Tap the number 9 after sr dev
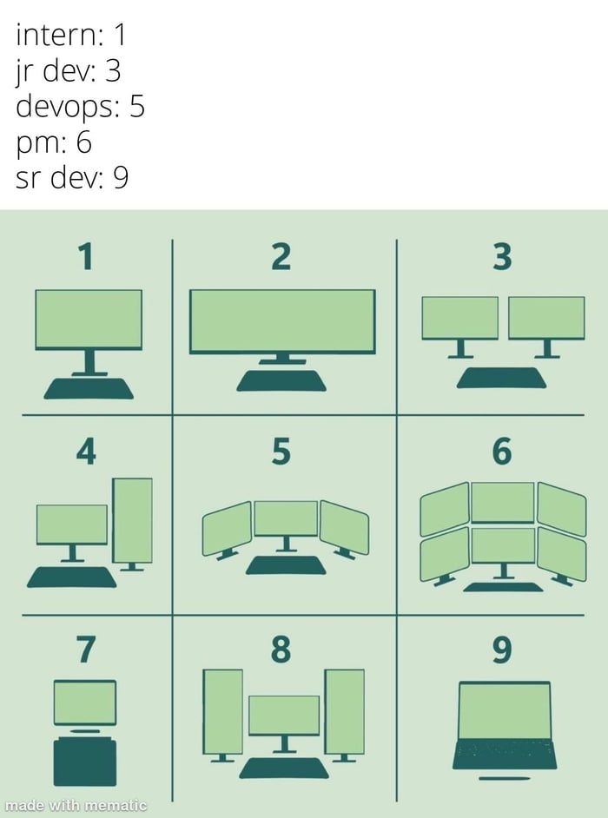[x=120, y=178]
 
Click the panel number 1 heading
[x=84, y=257]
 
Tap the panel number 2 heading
[x=281, y=257]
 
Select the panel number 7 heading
[x=85, y=648]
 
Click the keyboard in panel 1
[x=89, y=388]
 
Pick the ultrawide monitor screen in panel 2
[x=282, y=320]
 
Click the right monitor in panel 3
[x=546, y=318]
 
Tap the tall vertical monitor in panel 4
[x=133, y=519]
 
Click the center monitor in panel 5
[x=286, y=518]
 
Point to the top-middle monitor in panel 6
[x=502, y=502]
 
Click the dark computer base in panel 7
[x=85, y=762]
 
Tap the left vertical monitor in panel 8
[x=222, y=711]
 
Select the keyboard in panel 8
[x=284, y=768]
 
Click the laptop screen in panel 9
[x=505, y=710]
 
